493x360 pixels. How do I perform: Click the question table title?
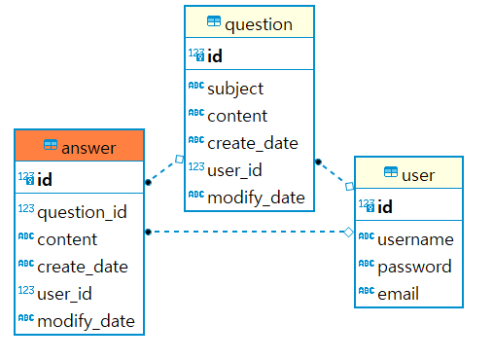pyautogui.click(x=258, y=23)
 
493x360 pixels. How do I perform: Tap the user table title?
pyautogui.click(x=418, y=175)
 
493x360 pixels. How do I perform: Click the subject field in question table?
pyautogui.click(x=234, y=89)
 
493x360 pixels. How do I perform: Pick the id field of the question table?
pyautogui.click(x=215, y=56)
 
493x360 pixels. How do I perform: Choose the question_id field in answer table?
pyautogui.click(x=82, y=212)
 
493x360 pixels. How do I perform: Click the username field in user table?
pyautogui.click(x=415, y=239)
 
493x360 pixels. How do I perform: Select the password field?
pyautogui.click(x=414, y=267)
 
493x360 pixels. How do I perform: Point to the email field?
pyautogui.click(x=398, y=293)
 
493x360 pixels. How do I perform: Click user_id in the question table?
pyautogui.click(x=234, y=170)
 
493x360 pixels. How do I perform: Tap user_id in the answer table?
pyautogui.click(x=64, y=294)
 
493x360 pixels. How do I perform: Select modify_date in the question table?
pyautogui.click(x=256, y=198)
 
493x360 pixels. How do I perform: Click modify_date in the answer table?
pyautogui.click(x=86, y=321)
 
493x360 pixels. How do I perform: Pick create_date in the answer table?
pyautogui.click(x=83, y=267)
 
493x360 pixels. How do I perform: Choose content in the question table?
pyautogui.click(x=236, y=116)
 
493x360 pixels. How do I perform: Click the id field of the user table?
pyautogui.click(x=385, y=206)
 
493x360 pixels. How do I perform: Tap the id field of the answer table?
pyautogui.click(x=45, y=179)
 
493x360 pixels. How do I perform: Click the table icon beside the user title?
pyautogui.click(x=390, y=174)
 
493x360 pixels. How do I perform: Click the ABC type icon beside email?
pyautogui.click(x=366, y=292)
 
